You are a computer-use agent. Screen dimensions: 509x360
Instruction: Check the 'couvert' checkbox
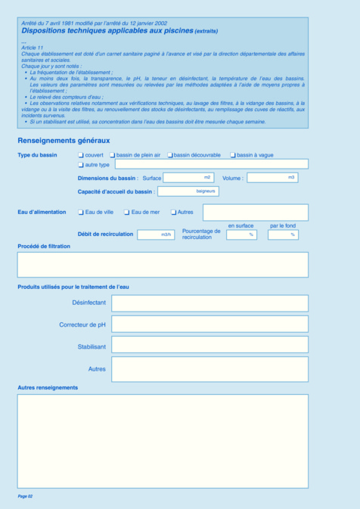coord(82,155)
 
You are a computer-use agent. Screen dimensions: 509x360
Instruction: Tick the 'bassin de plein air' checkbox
coord(113,155)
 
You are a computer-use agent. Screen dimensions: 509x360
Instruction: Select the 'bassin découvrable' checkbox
coord(170,155)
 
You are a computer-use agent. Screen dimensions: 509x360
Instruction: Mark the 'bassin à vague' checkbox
coord(233,155)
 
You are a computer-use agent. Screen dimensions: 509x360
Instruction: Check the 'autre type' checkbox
coord(82,164)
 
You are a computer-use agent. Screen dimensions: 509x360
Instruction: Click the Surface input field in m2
coord(188,178)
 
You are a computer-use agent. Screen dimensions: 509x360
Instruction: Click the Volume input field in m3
coord(272,178)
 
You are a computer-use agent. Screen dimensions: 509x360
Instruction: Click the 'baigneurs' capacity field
coord(188,191)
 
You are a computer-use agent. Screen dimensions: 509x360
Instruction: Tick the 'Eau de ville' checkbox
coord(82,213)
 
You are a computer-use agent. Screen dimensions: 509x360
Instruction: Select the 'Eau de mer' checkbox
coord(127,213)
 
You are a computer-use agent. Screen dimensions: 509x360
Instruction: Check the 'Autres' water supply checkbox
coord(173,213)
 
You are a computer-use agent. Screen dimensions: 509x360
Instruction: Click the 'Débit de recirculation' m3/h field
coord(156,234)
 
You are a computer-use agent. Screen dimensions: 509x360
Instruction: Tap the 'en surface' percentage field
coord(241,234)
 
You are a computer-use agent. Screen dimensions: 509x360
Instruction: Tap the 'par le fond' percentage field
coord(283,234)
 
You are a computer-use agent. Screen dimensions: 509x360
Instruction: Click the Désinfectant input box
coord(209,303)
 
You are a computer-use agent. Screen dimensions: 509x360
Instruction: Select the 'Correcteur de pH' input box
coord(209,324)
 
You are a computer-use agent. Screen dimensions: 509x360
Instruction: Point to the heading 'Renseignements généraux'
coord(64,141)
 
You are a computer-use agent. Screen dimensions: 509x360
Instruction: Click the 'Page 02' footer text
coord(25,496)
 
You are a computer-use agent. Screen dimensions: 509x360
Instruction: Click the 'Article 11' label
coord(33,47)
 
